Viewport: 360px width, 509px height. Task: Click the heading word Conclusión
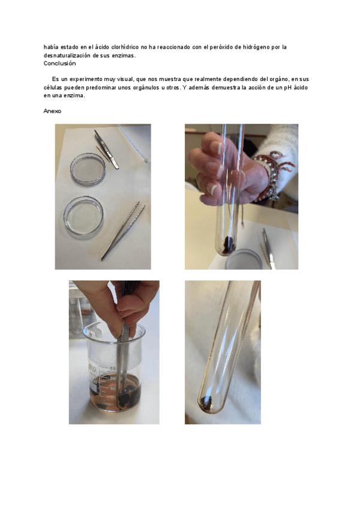[60, 63]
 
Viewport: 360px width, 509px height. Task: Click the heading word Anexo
[52, 111]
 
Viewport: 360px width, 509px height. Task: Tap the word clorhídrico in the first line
[125, 47]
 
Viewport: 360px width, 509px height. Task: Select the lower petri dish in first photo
[83, 215]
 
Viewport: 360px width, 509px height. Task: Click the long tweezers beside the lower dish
[123, 230]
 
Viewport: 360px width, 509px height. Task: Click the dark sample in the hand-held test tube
[229, 245]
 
